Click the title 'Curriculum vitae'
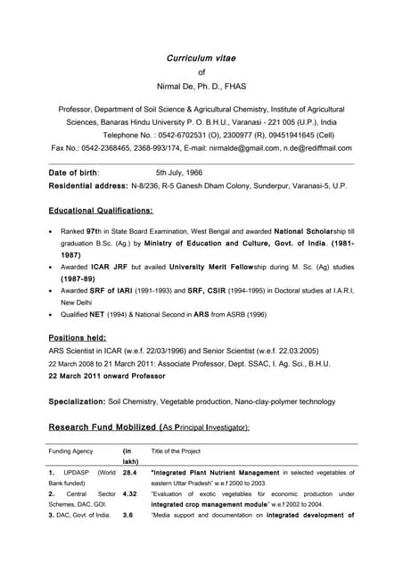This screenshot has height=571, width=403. click(201, 58)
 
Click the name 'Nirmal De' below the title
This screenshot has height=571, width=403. click(182, 88)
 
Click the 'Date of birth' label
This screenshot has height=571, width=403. click(73, 171)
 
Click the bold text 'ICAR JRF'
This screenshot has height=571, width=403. click(111, 266)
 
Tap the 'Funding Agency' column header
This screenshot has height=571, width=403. click(71, 451)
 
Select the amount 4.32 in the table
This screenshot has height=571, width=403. click(130, 493)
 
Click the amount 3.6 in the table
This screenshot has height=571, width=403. click(128, 515)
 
